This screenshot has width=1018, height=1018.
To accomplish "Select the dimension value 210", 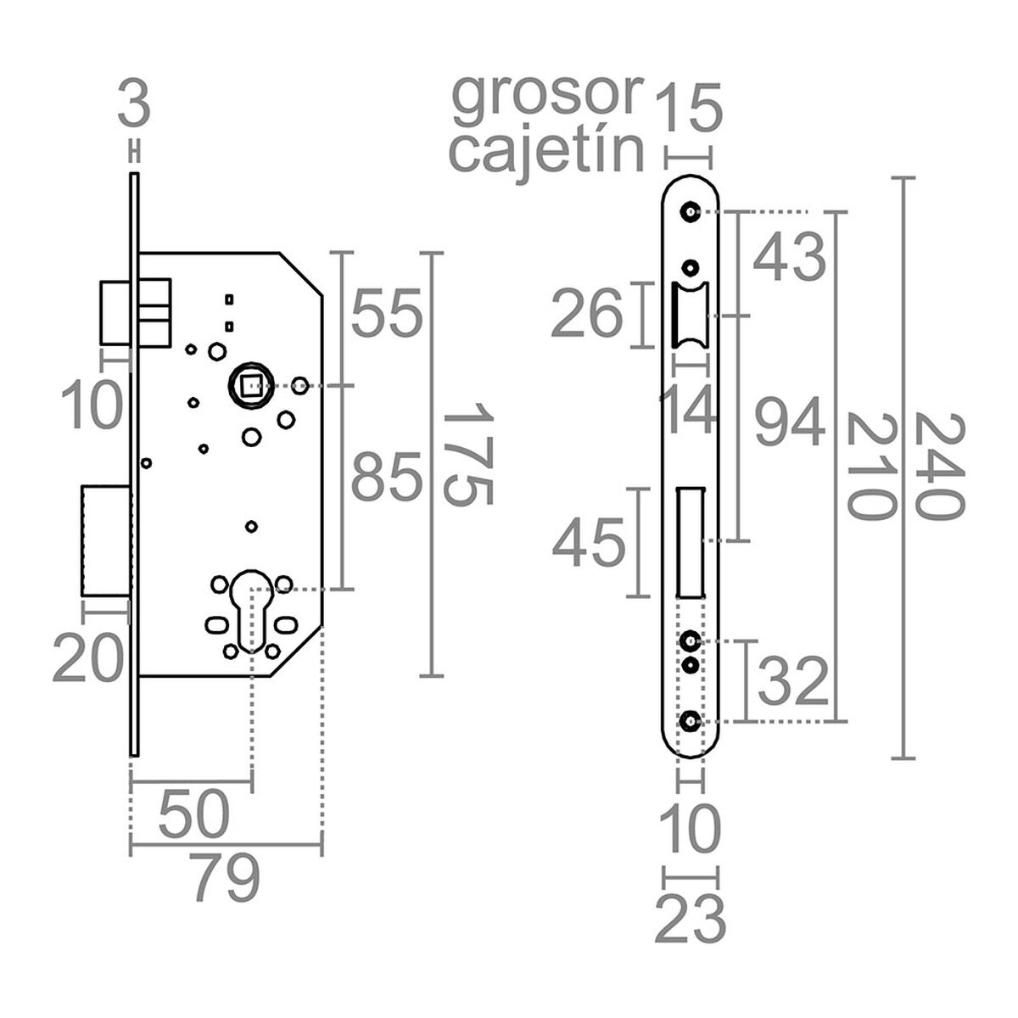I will (x=870, y=466).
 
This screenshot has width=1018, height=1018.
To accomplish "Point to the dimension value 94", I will (x=790, y=424).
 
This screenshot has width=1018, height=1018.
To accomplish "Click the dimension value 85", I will (x=386, y=478).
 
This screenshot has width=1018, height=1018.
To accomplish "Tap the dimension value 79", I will (x=223, y=879).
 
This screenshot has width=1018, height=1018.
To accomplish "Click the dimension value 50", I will (x=194, y=814).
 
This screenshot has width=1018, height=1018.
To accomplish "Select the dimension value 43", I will (x=790, y=258).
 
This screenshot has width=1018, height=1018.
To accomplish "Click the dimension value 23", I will (x=691, y=920).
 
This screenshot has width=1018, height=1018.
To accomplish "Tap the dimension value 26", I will (x=587, y=315).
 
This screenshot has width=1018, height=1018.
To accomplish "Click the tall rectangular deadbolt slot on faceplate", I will (x=690, y=542).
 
